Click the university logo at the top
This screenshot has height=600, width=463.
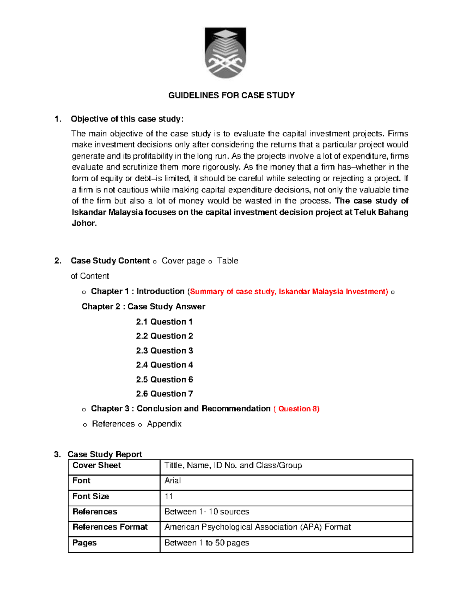coord(225,53)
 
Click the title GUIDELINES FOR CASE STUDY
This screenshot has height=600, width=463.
coord(231,95)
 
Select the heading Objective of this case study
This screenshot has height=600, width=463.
coord(127,119)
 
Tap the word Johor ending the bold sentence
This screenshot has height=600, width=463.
coord(84,223)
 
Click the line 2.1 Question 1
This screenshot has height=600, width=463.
coord(164,322)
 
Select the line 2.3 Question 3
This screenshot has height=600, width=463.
coord(164,351)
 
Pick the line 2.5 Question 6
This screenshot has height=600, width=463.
coord(164,380)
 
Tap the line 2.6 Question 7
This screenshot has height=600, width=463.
coord(164,394)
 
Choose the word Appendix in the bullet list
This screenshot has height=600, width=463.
coord(164,424)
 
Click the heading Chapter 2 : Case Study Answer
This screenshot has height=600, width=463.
coord(143,307)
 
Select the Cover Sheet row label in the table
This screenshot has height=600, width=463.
coord(97,466)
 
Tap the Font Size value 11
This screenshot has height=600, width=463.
coord(169,496)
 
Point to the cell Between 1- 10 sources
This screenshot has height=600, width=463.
coord(206,512)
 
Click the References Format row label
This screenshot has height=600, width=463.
coord(110,527)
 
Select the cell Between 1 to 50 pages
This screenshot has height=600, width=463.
coord(206,543)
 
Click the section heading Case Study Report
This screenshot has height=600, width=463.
coord(105,454)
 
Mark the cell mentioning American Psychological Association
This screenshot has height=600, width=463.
coord(257,527)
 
